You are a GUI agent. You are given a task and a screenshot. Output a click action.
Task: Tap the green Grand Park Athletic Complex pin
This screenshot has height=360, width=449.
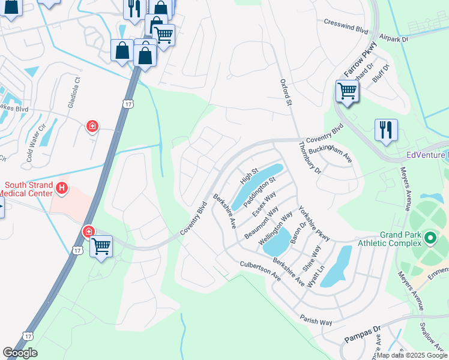pos(430,238)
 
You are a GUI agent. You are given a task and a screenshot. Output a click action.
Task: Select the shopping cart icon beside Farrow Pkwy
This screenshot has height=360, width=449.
pos(346,92)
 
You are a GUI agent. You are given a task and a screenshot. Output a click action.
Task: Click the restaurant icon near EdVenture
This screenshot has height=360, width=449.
pos(384,129)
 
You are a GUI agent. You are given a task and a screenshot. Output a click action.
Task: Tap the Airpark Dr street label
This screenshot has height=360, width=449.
pos(394,38)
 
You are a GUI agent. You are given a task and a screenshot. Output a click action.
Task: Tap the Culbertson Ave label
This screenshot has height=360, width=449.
pos(260,271)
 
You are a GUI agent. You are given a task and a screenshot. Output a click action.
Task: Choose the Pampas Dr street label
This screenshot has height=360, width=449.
pos(363,335)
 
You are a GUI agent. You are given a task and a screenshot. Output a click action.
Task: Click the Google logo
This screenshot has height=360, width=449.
pos(20,353)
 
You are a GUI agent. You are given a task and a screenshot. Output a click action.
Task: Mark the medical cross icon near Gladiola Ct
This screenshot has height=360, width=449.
pos(92,126)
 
